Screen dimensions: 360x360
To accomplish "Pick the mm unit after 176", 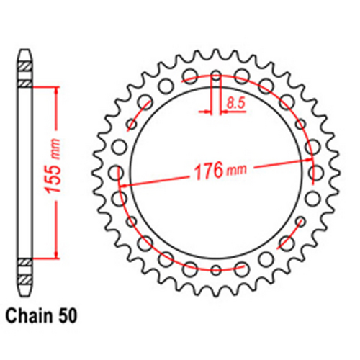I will [235, 174].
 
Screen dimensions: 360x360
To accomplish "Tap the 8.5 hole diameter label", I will [235, 104].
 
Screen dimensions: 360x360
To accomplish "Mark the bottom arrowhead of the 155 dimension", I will [54, 253].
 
